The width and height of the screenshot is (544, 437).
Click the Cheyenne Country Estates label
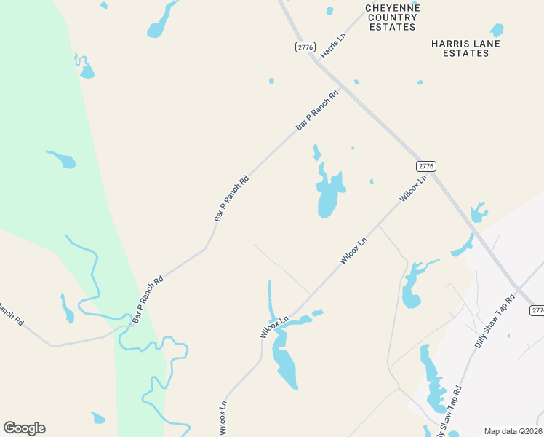(x=391, y=17)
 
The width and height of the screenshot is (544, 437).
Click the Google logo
(x=24, y=428)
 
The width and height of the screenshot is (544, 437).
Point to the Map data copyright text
(x=513, y=431)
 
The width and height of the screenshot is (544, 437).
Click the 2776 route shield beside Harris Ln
(x=305, y=47)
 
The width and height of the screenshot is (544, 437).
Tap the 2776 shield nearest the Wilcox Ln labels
(x=426, y=166)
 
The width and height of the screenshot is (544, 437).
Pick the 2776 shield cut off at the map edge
(x=537, y=310)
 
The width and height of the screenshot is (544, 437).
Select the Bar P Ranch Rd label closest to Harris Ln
(x=318, y=111)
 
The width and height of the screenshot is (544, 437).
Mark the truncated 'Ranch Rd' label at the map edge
(x=10, y=314)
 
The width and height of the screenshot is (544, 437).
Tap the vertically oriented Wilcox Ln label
(x=223, y=417)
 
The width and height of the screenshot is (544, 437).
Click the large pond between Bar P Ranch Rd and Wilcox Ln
(x=328, y=196)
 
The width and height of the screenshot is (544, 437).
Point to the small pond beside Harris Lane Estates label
(x=497, y=31)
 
